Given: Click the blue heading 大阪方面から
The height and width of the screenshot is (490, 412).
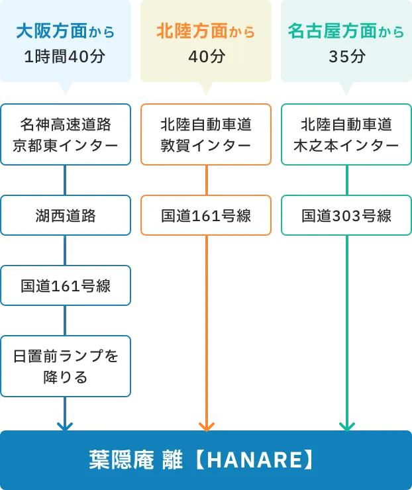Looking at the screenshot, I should point(65,31).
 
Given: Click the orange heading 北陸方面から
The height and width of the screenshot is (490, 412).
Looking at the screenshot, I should point(205,31).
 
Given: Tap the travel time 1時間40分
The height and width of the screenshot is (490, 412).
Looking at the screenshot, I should point(65,56).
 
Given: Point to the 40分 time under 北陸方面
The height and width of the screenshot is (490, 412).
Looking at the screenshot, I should point(206,56).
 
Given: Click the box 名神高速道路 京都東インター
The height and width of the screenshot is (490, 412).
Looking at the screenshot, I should point(65,134).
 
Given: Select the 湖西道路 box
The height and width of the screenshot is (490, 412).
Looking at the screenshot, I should point(65,215).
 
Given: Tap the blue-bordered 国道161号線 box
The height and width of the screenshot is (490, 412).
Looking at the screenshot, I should point(65,286).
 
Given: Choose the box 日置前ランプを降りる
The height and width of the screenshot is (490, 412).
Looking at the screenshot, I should point(65,366).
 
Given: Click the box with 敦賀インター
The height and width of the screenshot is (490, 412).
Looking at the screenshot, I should point(206,134).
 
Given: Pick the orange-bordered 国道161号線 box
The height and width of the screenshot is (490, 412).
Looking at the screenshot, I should point(206,215).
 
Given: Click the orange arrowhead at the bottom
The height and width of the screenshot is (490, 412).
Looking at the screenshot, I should point(206,425).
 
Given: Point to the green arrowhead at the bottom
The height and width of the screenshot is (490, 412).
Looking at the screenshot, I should point(346,425).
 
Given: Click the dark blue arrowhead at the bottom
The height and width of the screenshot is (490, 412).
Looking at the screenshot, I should point(64,425).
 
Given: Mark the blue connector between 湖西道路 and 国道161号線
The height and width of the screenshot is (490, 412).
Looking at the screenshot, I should point(65,250).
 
